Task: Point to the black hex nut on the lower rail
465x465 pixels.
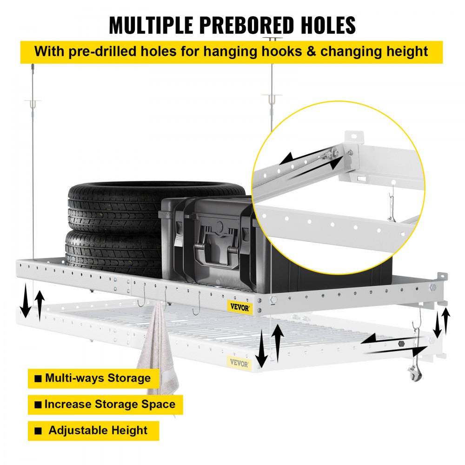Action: [401, 345]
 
